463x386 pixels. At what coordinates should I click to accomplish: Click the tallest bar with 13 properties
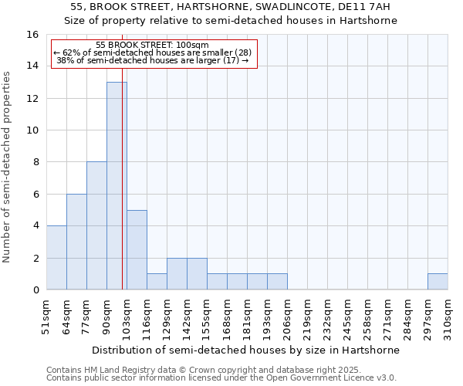(x=117, y=185)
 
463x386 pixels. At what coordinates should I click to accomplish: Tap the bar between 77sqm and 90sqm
(x=96, y=225)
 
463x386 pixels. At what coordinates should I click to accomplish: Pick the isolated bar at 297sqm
(x=438, y=282)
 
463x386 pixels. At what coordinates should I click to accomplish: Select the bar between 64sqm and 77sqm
(x=76, y=242)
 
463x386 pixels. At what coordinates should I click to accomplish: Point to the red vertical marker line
(x=123, y=193)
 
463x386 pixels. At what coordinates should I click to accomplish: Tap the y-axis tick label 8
(x=35, y=162)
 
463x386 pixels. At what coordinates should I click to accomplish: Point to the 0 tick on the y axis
(x=35, y=290)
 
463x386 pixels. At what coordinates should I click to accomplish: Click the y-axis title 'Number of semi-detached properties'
(x=7, y=166)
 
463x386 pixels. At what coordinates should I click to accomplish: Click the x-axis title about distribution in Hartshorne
(x=245, y=350)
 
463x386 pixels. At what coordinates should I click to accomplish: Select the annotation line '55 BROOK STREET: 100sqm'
(x=153, y=46)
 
